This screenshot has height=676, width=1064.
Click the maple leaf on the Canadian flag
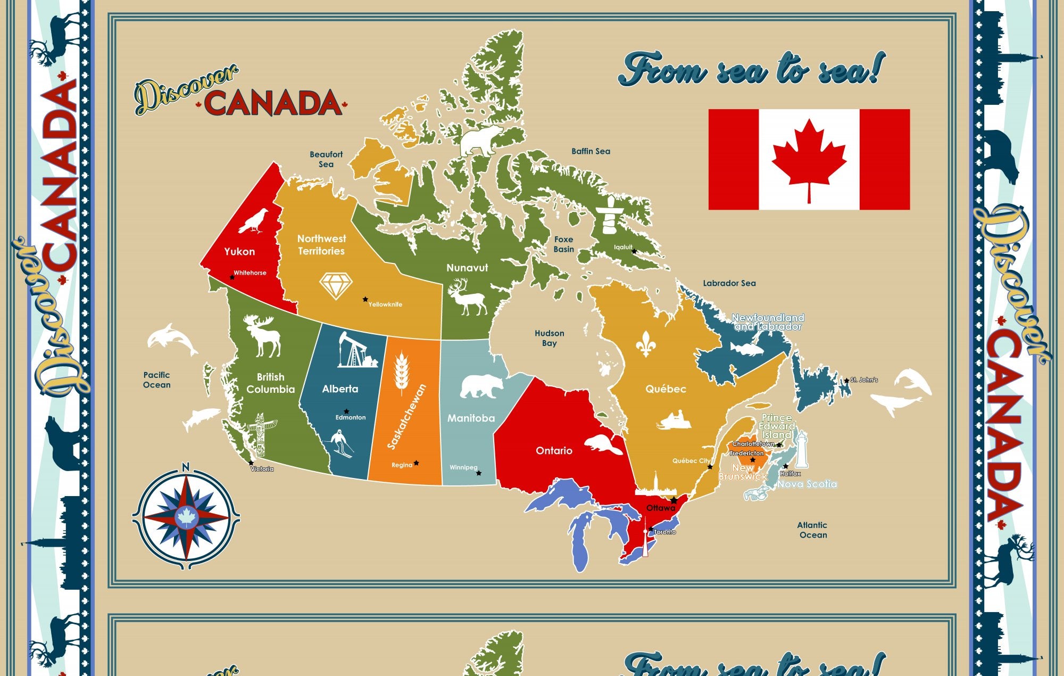[x=809, y=159]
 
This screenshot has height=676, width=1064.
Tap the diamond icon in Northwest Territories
[x=336, y=286]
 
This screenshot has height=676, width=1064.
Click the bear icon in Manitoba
[x=481, y=386]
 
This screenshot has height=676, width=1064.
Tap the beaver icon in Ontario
[x=603, y=445]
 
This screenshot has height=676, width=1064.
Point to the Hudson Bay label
[x=550, y=338]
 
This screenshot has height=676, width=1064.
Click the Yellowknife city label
[x=386, y=304]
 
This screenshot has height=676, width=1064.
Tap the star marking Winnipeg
[x=479, y=473]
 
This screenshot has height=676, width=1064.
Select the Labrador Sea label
[x=729, y=283]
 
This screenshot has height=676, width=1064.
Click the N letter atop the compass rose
[x=185, y=467]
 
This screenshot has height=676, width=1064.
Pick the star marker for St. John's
[x=846, y=381]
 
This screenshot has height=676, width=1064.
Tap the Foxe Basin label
[x=564, y=244]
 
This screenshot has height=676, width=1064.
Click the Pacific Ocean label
[x=157, y=380]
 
